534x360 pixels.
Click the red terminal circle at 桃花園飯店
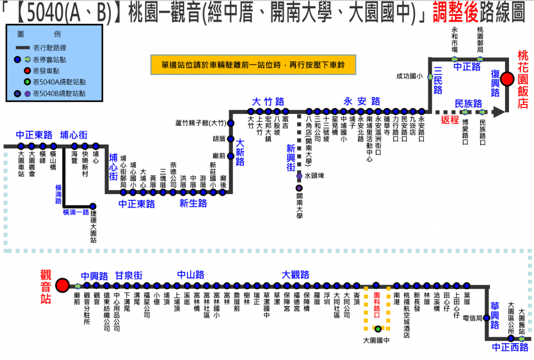click(x=507, y=79)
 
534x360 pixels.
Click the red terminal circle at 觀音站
click(x=62, y=285)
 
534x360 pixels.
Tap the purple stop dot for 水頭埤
click(x=299, y=176)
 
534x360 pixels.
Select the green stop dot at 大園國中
click(x=378, y=329)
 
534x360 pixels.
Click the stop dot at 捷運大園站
click(x=93, y=206)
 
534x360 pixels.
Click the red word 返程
click(x=450, y=119)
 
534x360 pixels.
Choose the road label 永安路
click(x=362, y=101)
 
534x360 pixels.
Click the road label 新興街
click(x=291, y=157)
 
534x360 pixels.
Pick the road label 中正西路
click(x=510, y=348)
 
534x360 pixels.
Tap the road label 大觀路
click(x=295, y=275)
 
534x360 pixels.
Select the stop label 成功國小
click(x=409, y=76)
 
